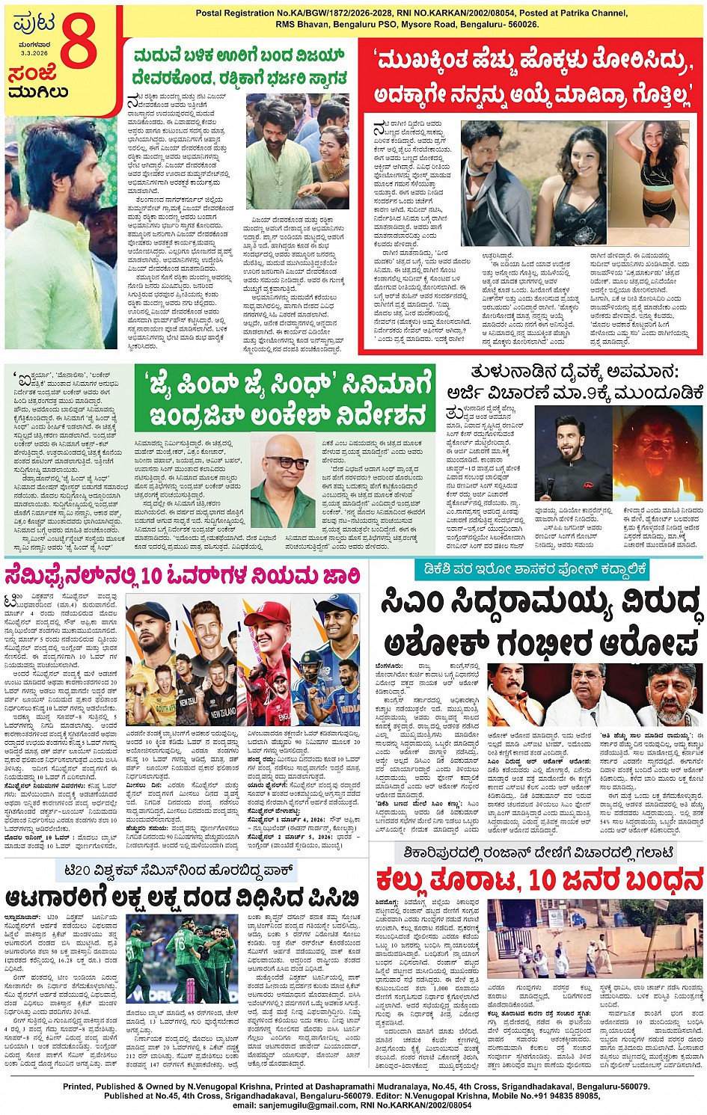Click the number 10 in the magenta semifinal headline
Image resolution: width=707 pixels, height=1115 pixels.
pos(152,577)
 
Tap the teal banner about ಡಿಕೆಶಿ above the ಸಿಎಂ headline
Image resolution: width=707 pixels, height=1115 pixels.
pos(531,570)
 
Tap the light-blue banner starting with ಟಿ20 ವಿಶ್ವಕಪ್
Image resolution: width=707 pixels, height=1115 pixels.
pos(176,870)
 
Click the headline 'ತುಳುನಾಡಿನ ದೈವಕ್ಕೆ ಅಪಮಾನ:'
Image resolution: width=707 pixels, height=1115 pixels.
pos(575,372)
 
